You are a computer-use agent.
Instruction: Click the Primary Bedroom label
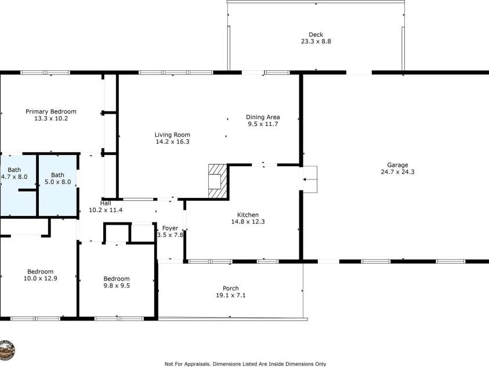[50, 111]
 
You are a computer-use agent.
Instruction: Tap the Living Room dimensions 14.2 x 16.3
[172, 142]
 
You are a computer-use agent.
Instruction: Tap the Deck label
[316, 34]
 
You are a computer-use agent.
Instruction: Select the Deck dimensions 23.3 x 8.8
[316, 42]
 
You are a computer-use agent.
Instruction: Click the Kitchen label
[248, 214]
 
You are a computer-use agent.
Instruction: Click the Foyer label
[170, 228]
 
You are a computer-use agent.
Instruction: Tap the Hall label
[105, 203]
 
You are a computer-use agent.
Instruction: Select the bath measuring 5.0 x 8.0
[58, 178]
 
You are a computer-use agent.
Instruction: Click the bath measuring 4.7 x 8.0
[14, 173]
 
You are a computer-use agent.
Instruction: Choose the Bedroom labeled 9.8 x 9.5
[116, 282]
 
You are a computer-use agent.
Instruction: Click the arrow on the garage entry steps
[307, 180]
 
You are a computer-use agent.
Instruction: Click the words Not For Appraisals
[186, 364]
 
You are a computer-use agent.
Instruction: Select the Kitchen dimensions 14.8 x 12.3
[248, 222]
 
